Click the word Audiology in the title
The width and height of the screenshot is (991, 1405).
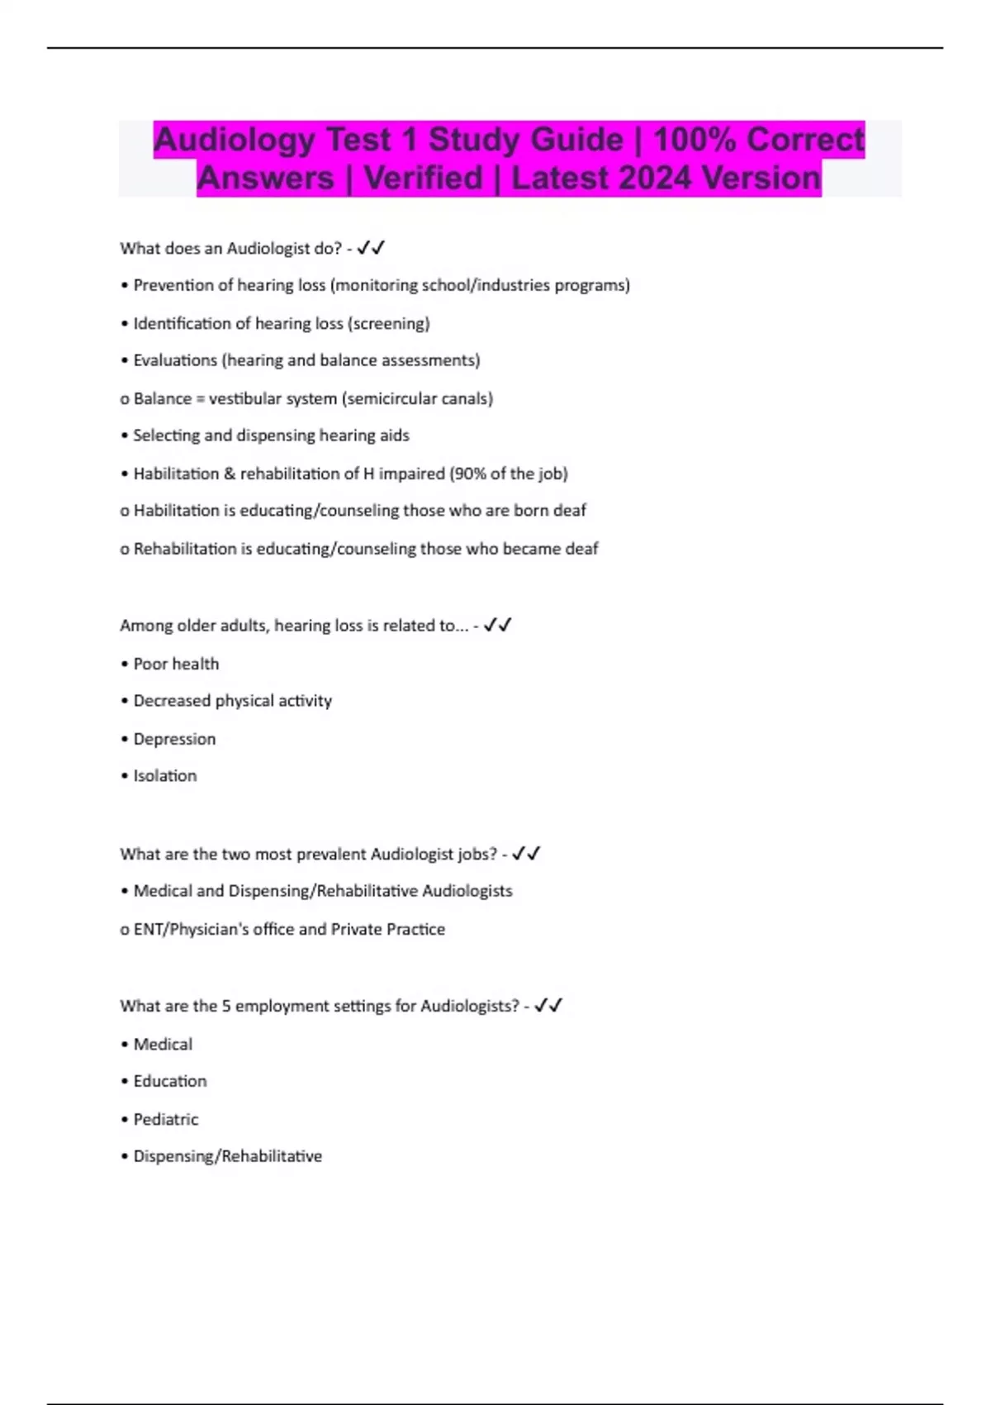coord(234,140)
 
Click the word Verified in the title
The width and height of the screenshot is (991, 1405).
coord(423,179)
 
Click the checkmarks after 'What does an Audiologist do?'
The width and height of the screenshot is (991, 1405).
coord(371,248)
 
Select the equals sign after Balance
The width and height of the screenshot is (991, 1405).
coord(200,399)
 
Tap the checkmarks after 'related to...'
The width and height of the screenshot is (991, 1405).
coord(498,626)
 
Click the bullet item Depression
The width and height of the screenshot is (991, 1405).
coord(174,739)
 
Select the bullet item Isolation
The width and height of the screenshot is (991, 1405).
coord(165,776)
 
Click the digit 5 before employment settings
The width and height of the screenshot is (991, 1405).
coord(226,1006)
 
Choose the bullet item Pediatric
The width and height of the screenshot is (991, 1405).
coord(166,1119)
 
